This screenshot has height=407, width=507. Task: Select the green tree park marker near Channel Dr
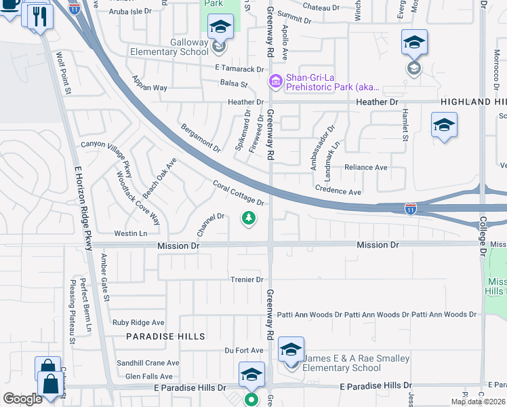[x=249, y=218]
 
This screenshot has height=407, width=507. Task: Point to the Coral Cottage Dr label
[x=238, y=193]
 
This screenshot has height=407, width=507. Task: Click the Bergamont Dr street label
[x=201, y=138]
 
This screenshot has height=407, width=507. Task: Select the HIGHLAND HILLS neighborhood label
[x=473, y=102]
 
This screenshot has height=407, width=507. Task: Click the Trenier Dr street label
[x=246, y=279]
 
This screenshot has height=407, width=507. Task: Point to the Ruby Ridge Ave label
[x=138, y=323]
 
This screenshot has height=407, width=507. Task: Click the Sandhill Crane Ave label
[x=147, y=363]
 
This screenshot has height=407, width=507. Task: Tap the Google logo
[x=22, y=399]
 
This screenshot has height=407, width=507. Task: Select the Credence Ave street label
[x=338, y=192]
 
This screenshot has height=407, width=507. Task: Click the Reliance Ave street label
[x=365, y=167]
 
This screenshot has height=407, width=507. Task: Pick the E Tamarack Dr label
[x=239, y=69]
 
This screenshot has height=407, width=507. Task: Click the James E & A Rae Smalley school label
[x=356, y=363]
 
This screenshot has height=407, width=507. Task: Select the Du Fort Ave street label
[x=244, y=350]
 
